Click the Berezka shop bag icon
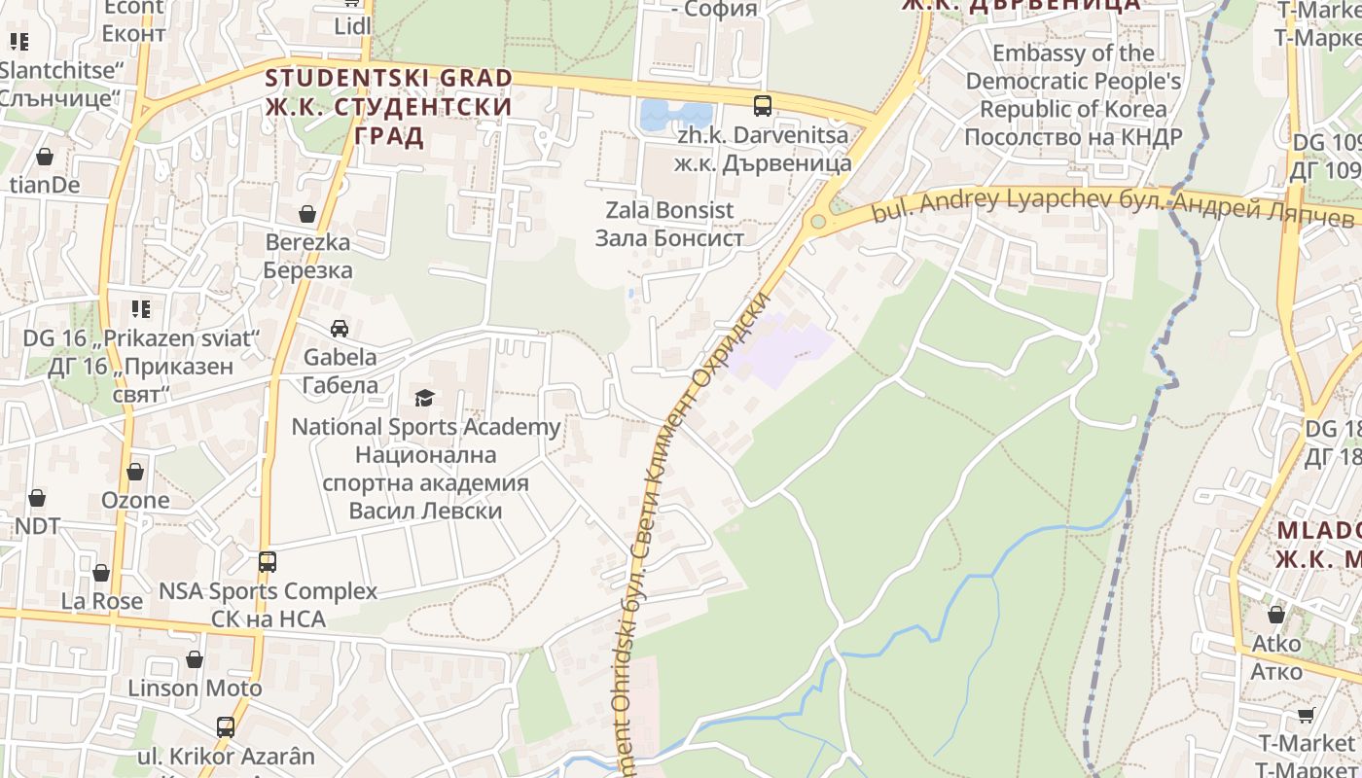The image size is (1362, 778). [307, 214]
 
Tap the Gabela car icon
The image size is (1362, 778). [340, 329]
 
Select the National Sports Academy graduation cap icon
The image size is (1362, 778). [424, 398]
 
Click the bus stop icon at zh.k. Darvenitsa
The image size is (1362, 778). [763, 106]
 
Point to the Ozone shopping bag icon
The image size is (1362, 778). [135, 472]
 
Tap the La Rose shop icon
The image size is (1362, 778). [101, 573]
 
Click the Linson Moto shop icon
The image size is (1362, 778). [195, 659]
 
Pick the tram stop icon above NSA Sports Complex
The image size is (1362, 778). [268, 561]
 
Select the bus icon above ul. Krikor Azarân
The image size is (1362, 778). [226, 726]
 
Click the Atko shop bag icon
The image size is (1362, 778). [1276, 615]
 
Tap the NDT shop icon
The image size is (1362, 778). [37, 498]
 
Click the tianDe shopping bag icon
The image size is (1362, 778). [45, 157]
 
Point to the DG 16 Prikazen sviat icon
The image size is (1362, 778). [141, 309]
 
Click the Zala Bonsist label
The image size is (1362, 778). [669, 224]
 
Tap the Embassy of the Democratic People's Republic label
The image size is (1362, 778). [1073, 94]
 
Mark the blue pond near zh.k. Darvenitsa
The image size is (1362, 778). [676, 115]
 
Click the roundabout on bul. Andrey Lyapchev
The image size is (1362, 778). [818, 222]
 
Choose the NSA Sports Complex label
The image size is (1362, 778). [268, 604]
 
